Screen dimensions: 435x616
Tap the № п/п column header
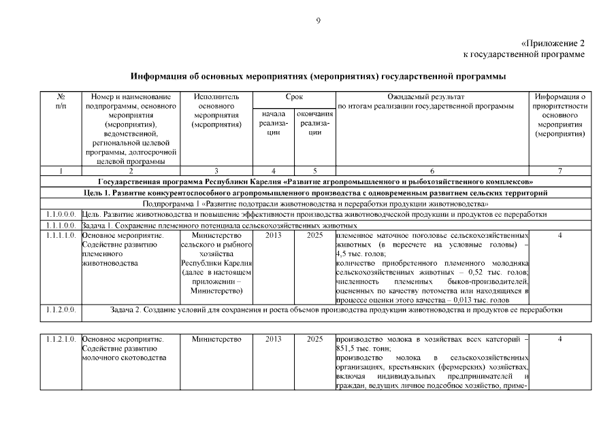(61, 101)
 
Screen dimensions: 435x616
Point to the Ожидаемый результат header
(431, 97)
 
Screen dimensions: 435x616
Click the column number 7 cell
(560, 171)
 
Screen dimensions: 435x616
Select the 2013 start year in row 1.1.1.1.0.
(273, 235)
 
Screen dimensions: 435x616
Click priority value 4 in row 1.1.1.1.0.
(560, 235)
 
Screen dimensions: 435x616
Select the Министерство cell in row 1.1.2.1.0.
(216, 338)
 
